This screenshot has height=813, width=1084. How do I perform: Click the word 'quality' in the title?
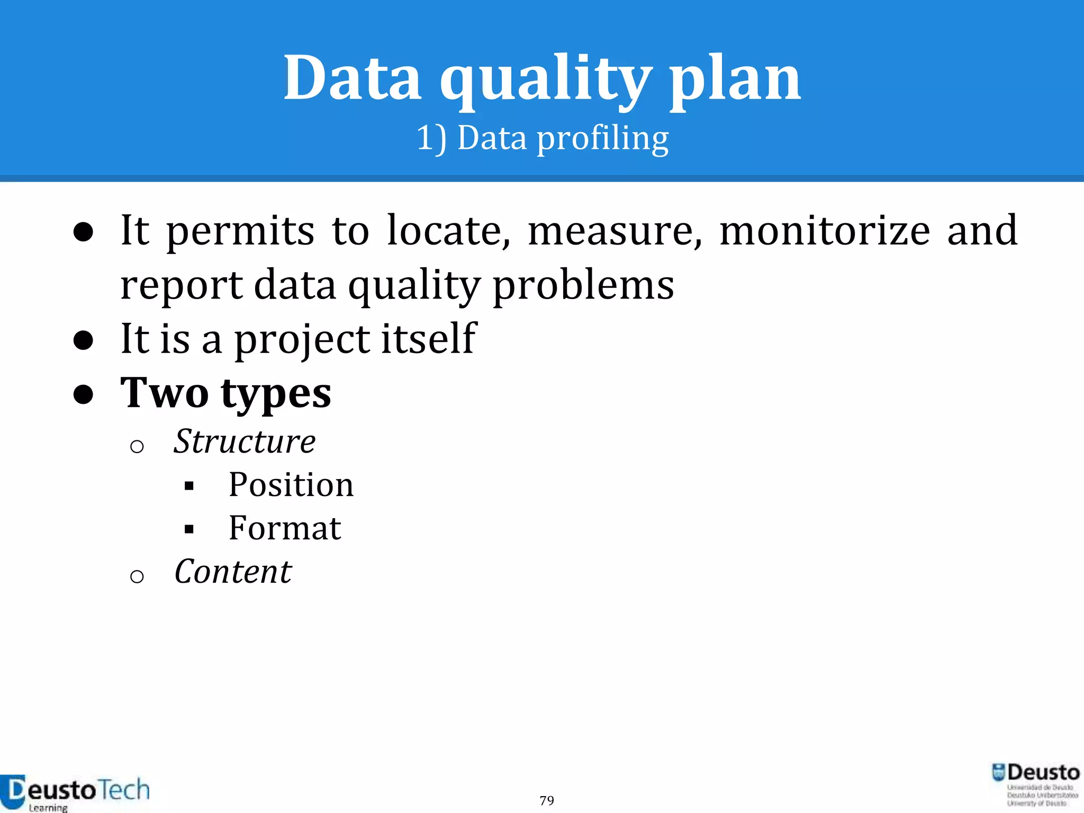(545, 79)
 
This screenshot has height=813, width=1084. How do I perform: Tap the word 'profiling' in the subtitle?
(603, 139)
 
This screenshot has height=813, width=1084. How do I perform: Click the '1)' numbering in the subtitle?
(431, 139)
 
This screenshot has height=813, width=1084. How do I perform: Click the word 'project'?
(302, 340)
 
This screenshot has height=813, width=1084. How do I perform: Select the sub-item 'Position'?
(291, 485)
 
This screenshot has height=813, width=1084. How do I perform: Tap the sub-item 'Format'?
(284, 528)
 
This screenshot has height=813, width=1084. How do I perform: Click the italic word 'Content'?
(233, 572)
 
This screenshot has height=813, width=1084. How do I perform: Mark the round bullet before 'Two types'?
(84, 394)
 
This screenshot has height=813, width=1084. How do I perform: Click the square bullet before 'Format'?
(189, 529)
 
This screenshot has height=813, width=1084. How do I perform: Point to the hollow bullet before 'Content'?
(137, 576)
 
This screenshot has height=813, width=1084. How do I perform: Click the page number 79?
(547, 800)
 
